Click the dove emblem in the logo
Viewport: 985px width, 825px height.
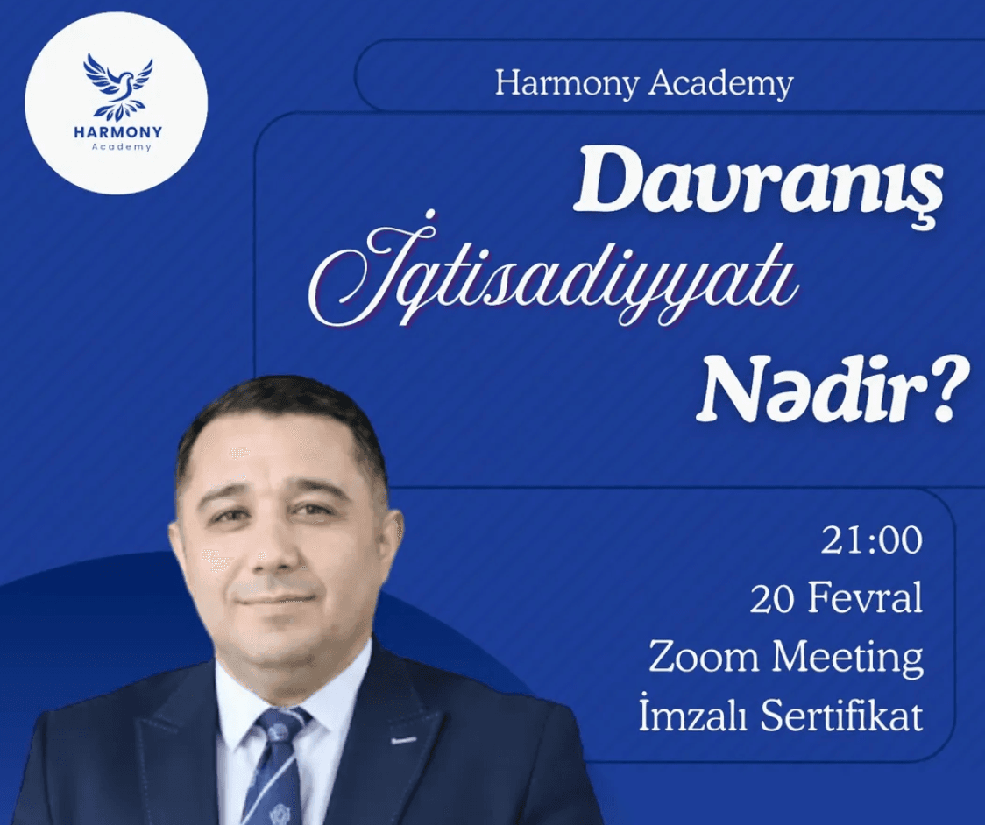117,86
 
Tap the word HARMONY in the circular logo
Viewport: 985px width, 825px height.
117,132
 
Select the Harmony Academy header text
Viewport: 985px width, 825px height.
643,84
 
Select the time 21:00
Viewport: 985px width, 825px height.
871,540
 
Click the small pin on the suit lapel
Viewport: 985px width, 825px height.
403,741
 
